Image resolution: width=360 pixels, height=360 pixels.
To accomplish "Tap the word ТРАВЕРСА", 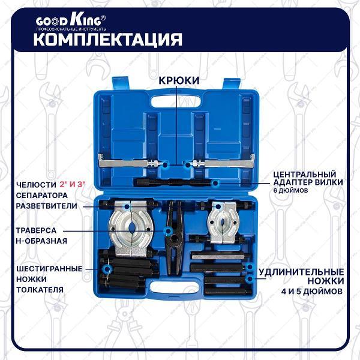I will [37, 230].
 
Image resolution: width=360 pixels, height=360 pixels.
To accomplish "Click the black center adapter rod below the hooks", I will [174, 181].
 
